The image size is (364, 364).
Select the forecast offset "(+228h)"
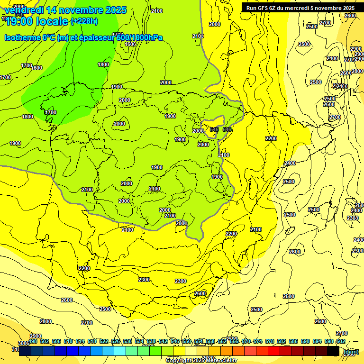[x=84, y=21]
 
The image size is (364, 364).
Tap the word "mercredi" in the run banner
[x=311, y=8]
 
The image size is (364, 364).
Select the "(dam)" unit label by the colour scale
[x=351, y=351]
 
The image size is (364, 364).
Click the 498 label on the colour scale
[x=33, y=341]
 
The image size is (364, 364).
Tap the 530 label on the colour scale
[x=127, y=341]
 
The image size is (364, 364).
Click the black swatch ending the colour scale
[x=333, y=351]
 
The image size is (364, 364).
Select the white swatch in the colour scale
[x=191, y=351]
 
